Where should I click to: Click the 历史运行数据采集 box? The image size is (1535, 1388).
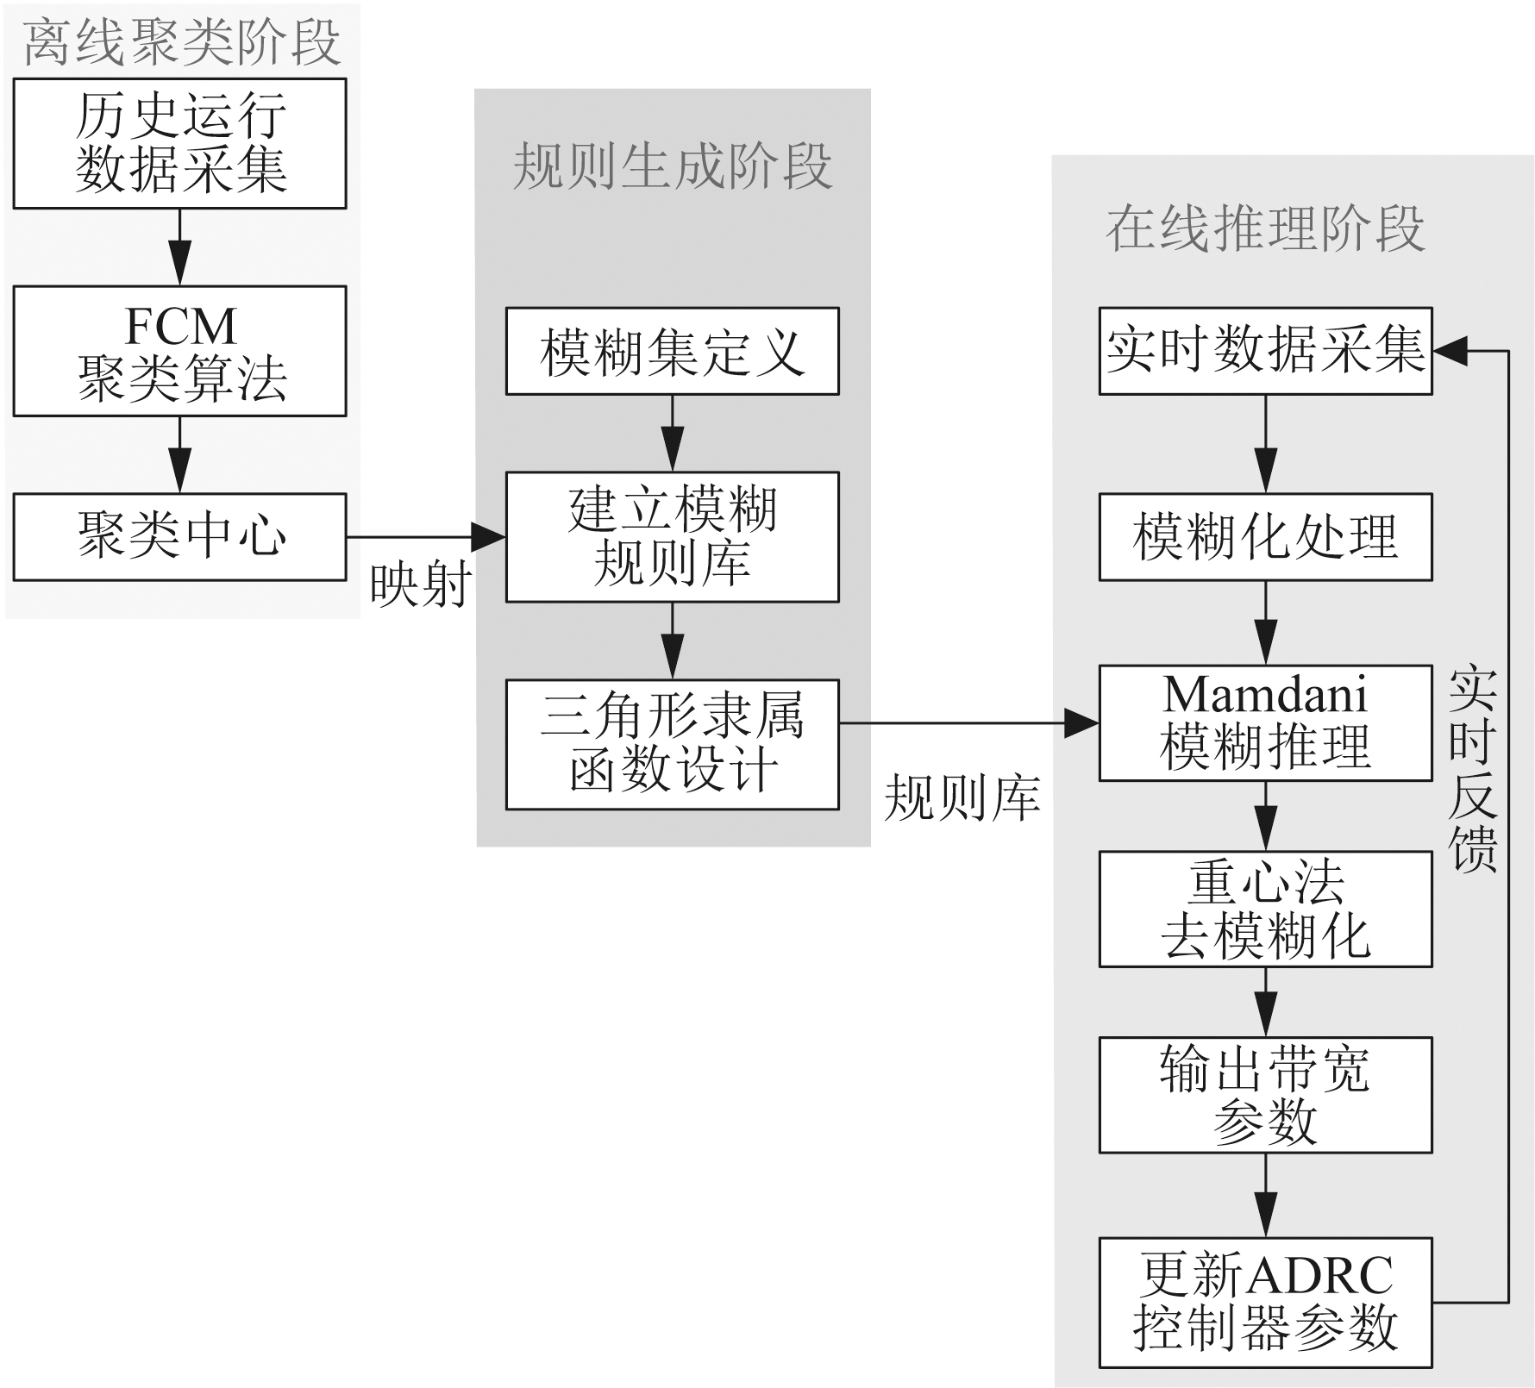click(179, 143)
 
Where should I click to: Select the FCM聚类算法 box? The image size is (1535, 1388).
click(179, 351)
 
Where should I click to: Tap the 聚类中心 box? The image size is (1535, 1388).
click(179, 536)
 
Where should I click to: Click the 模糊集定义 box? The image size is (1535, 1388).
click(672, 351)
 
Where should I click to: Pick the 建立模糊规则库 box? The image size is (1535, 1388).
click(672, 536)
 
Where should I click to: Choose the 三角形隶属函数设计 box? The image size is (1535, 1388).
click(672, 744)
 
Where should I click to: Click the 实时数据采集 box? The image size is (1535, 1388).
click(1265, 351)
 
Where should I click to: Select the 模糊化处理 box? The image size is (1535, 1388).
click(1265, 536)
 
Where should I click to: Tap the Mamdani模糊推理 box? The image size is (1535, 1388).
click(1265, 722)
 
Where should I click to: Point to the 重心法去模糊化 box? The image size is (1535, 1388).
click(1265, 909)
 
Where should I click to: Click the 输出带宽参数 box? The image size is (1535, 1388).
click(1265, 1095)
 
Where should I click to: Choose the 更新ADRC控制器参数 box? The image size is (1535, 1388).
click(1265, 1303)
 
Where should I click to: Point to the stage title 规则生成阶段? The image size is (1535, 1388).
click(673, 166)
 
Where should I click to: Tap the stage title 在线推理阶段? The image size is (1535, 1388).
click(1265, 228)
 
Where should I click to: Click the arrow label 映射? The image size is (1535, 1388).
click(421, 585)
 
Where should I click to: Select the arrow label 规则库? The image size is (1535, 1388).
click(962, 797)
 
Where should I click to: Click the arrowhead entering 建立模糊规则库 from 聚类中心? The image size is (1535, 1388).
click(490, 537)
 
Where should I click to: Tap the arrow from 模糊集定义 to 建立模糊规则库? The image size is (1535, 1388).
click(672, 433)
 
